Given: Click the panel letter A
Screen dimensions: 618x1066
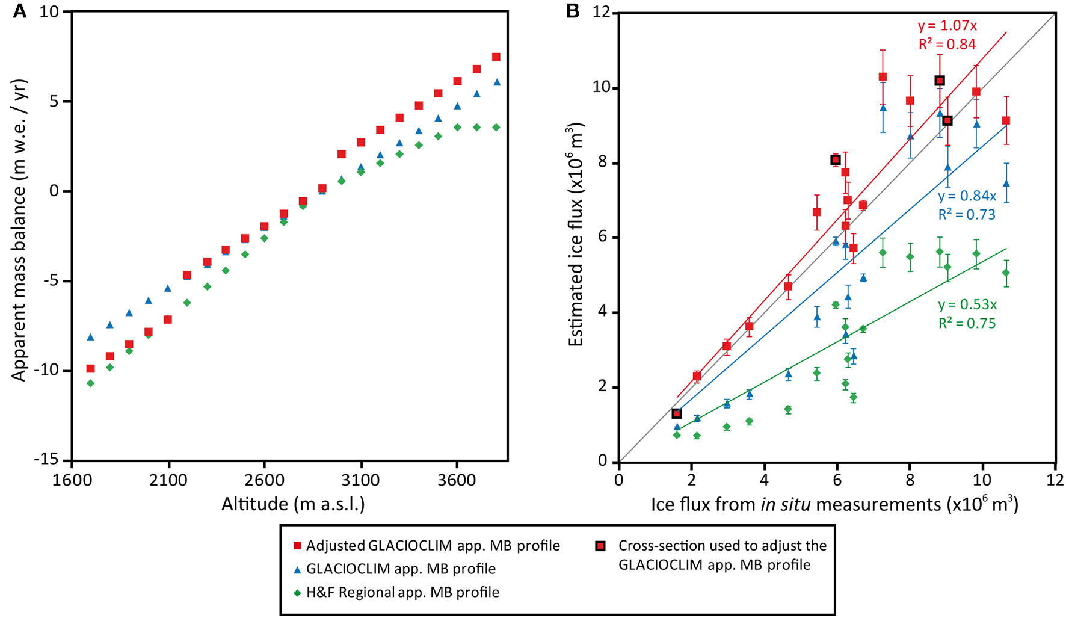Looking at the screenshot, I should (19, 11).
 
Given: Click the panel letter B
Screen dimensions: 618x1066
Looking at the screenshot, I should (573, 11).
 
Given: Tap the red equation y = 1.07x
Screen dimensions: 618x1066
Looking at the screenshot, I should (947, 25).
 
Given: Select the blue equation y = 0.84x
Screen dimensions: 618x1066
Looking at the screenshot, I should (967, 196).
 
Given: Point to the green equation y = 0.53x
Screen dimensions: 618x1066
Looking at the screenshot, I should (967, 304).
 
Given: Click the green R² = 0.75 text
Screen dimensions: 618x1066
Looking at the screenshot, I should (967, 323).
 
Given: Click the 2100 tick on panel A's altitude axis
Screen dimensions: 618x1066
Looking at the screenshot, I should (168, 480).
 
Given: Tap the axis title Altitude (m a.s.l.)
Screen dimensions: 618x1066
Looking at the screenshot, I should (293, 504).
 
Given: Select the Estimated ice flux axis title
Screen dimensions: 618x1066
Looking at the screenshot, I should (576, 235).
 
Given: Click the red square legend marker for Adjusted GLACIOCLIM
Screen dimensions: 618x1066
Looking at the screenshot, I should (296, 546).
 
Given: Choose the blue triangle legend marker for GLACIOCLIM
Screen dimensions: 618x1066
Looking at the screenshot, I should (296, 569).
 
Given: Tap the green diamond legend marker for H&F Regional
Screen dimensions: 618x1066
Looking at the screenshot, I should (296, 593).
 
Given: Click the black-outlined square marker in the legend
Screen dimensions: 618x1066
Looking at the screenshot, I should (600, 546).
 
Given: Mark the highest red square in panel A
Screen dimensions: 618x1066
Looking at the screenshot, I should (496, 57).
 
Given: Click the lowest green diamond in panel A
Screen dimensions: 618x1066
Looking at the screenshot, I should (90, 383).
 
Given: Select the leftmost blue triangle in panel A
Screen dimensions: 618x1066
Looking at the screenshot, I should (90, 337).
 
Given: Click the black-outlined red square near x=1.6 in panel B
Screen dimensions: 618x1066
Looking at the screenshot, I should (676, 413).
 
